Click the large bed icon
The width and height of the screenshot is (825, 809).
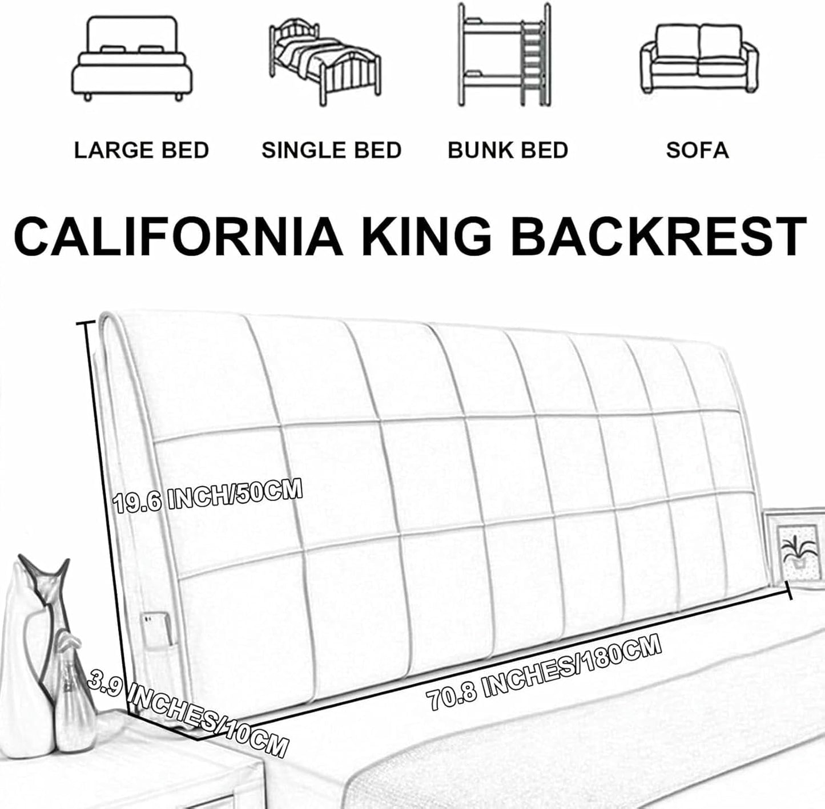[132, 58]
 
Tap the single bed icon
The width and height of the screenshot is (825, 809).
[325, 62]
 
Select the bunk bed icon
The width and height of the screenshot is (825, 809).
[504, 55]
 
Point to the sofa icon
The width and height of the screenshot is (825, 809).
[699, 59]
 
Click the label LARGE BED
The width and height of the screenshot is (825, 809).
[141, 150]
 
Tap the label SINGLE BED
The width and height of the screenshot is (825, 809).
[331, 150]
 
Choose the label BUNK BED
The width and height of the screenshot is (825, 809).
[508, 150]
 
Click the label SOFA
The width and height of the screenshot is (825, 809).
[698, 150]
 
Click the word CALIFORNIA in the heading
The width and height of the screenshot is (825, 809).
[179, 237]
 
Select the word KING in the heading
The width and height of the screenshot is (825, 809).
[427, 237]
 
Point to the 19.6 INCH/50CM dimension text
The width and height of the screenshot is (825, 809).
[208, 495]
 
